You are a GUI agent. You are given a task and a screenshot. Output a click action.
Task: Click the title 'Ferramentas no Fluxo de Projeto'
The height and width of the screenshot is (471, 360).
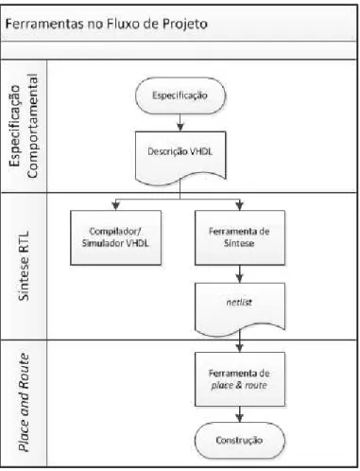click(x=107, y=25)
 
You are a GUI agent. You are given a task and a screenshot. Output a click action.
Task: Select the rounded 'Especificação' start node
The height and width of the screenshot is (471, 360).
click(x=180, y=96)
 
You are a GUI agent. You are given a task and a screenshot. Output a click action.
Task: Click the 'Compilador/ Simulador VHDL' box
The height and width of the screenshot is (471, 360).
click(x=115, y=237)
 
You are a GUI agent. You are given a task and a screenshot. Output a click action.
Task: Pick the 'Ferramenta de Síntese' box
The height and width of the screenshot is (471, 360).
click(x=240, y=237)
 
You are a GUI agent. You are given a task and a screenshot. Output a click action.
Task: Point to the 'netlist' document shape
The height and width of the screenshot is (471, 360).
click(x=240, y=308)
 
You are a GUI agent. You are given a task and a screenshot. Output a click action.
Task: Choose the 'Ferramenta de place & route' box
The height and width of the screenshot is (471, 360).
click(x=240, y=379)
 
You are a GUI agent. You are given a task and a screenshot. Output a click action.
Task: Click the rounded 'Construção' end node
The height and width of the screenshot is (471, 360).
click(x=240, y=441)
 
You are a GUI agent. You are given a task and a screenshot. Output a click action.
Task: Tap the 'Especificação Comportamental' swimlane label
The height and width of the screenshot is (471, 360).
click(x=24, y=126)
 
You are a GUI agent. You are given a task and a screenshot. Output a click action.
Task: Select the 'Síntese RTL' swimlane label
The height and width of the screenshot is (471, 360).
click(x=24, y=266)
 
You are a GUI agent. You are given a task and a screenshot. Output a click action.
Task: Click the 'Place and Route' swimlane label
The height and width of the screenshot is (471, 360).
click(x=24, y=402)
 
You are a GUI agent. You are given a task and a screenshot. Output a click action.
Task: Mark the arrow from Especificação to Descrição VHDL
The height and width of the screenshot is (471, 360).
click(x=180, y=123)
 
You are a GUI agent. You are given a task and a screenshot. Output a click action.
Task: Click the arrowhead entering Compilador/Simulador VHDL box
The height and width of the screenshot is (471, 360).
click(x=116, y=206)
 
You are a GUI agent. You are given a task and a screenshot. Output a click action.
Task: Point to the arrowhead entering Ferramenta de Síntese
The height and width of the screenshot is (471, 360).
click(x=240, y=206)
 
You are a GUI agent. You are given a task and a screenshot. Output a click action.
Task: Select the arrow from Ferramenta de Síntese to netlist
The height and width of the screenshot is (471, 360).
click(x=240, y=274)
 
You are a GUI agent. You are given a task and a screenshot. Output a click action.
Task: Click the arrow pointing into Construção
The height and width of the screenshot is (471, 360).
click(x=240, y=414)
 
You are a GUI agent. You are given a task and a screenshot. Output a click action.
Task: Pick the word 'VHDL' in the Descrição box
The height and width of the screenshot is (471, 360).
click(x=201, y=151)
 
